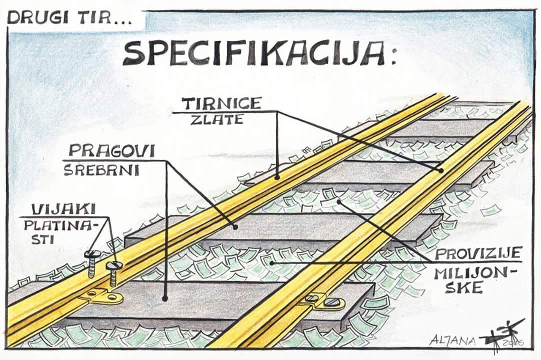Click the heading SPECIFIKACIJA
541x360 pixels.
253,54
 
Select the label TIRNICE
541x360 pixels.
221,103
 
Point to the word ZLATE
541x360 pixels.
217,119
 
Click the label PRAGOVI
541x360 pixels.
112,151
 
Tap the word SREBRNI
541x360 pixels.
101,170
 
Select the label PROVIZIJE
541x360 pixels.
478,253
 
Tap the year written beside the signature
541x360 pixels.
513,342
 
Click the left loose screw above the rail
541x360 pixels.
90,264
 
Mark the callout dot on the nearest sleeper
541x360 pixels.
165,298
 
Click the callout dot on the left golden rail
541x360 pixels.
276,178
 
